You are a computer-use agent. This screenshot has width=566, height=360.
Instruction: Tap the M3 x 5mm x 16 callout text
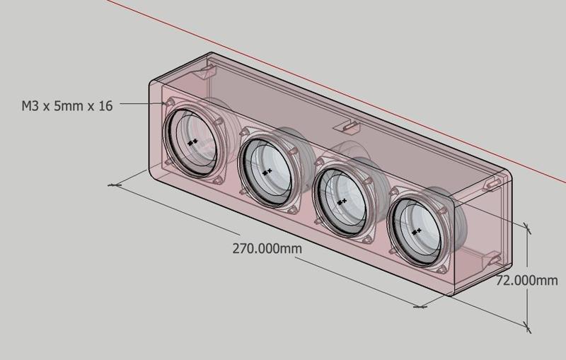(67, 107)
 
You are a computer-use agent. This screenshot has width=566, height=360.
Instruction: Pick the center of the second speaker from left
(266, 171)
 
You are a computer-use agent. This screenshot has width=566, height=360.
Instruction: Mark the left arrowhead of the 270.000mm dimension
(115, 185)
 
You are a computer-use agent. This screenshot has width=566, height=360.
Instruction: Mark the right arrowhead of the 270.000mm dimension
(422, 307)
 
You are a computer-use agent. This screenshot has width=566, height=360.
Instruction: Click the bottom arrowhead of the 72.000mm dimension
(527, 326)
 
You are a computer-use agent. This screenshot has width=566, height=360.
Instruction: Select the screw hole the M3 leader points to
(169, 103)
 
